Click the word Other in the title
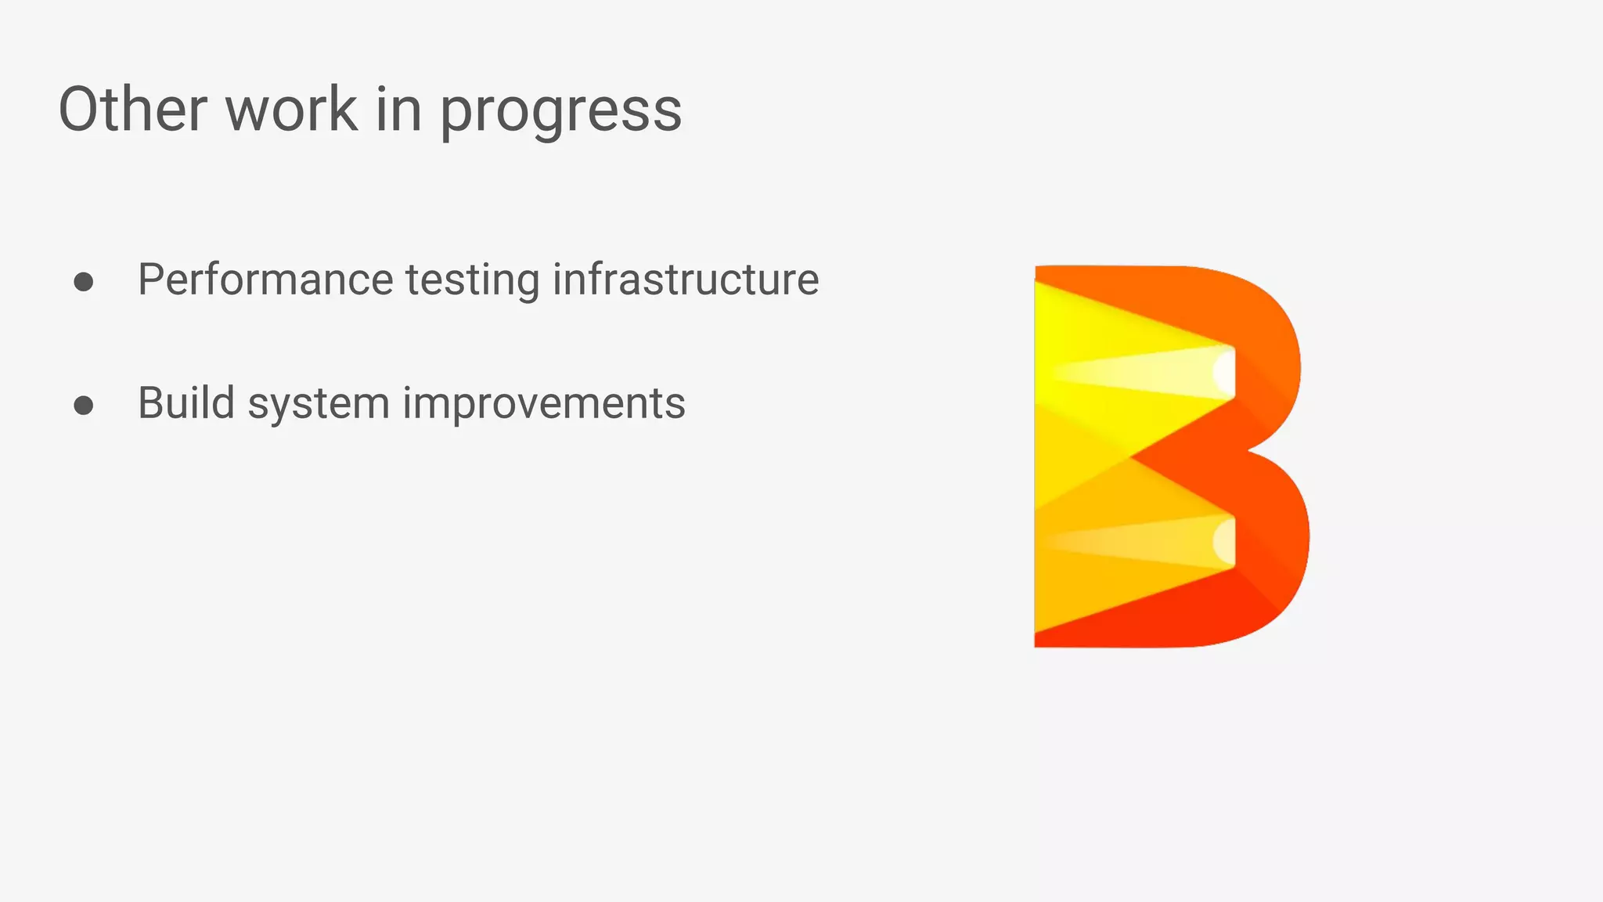tap(132, 109)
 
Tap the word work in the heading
tap(291, 109)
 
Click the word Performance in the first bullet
tap(265, 280)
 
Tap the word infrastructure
tap(686, 280)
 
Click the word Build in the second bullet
tap(186, 403)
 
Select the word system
tap(319, 406)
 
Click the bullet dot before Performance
tap(84, 282)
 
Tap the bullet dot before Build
tap(84, 405)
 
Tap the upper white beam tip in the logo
tap(1225, 373)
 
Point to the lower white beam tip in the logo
tap(1225, 542)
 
